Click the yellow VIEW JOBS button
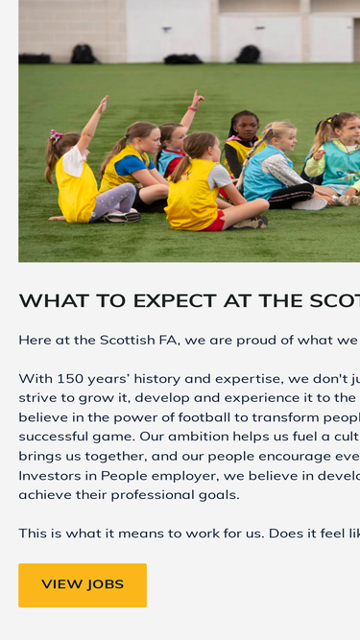[x=83, y=585]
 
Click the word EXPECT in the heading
[x=175, y=301]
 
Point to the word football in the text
[x=202, y=417]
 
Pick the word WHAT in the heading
[x=42, y=301]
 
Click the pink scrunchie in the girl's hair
[x=56, y=136]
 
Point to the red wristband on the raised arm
[x=193, y=108]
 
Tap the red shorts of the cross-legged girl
[x=214, y=223]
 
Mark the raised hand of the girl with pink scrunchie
[x=104, y=104]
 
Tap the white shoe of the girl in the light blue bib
[x=310, y=203]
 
